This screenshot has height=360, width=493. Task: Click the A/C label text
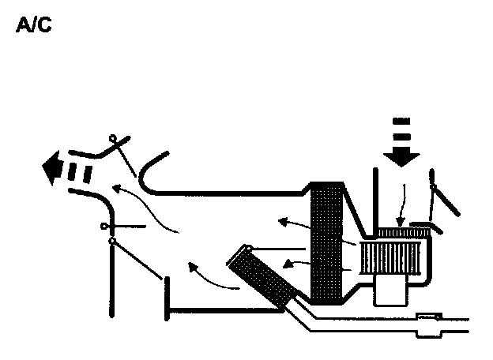pos(34,26)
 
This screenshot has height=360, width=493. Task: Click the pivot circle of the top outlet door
pos(113,140)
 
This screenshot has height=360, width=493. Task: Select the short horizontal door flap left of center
pos(126,227)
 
